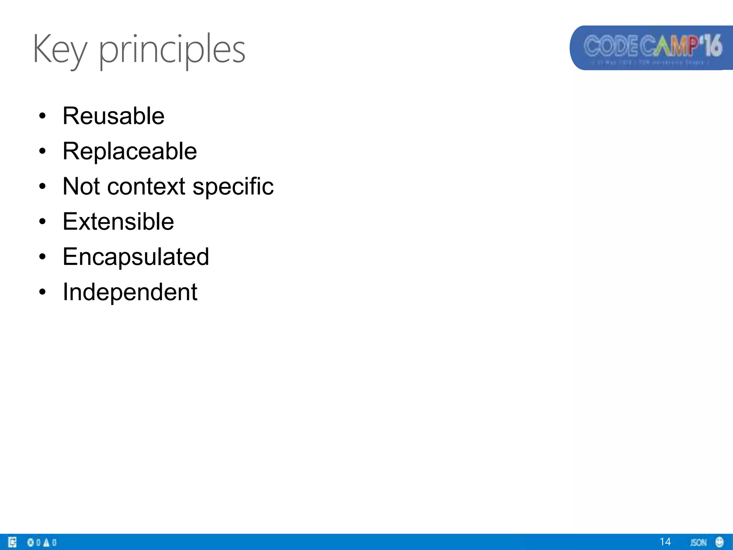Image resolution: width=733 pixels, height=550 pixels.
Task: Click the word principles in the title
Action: [x=172, y=50]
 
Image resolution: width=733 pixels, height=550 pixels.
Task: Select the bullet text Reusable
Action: [x=113, y=116]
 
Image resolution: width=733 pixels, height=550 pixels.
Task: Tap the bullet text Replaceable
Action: [x=130, y=151]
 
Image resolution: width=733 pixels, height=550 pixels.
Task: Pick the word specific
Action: [x=233, y=187]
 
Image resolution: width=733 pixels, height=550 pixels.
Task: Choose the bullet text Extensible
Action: [x=118, y=221]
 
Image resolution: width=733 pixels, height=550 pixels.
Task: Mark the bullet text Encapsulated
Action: [x=136, y=257]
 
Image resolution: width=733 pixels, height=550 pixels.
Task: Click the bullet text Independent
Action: [x=130, y=292]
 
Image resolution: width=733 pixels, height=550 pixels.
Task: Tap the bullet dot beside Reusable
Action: [x=43, y=116]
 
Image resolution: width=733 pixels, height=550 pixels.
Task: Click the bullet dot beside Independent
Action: [x=43, y=292]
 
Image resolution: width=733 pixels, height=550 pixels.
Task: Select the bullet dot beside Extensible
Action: [x=43, y=222]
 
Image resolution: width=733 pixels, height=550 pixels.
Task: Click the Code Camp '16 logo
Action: [x=651, y=48]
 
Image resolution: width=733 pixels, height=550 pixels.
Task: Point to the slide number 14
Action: [x=665, y=542]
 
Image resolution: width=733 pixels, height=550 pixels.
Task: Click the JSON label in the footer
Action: [x=698, y=542]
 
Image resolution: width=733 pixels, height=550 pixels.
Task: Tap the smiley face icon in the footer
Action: [x=719, y=542]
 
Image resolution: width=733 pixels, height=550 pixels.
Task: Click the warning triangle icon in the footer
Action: [x=46, y=542]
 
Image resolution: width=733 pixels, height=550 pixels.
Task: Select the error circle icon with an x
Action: [x=30, y=542]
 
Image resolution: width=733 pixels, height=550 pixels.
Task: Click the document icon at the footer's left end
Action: [x=12, y=542]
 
